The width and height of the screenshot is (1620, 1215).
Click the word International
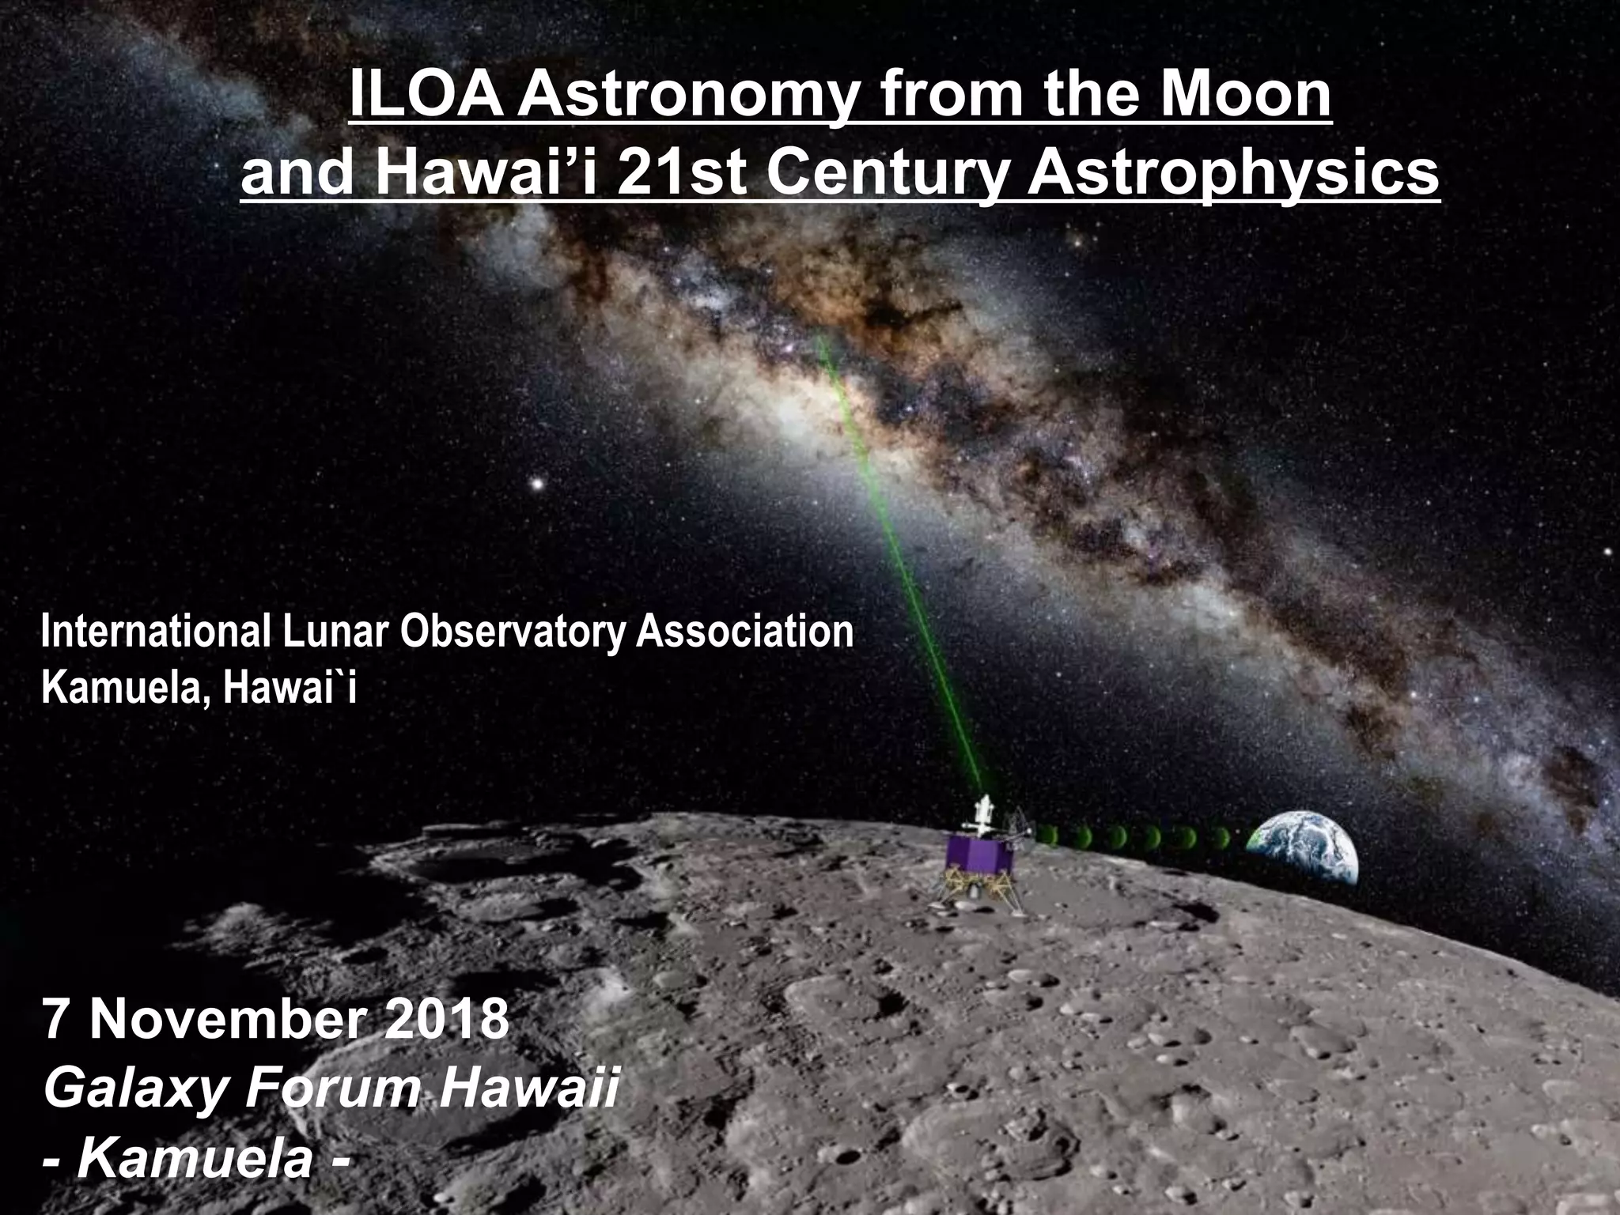154,633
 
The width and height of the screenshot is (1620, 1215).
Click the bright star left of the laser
537,482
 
